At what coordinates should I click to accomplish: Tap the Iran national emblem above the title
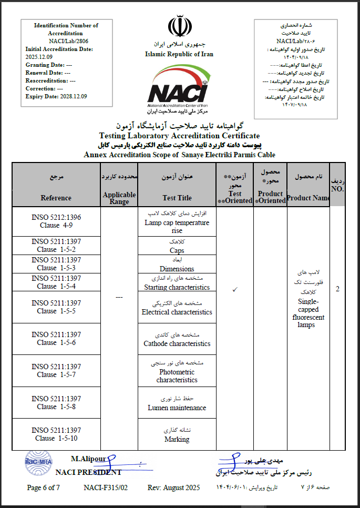coord(180,27)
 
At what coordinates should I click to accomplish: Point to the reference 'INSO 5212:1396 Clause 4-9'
coord(56,221)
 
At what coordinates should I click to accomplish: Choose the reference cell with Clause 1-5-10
coord(56,434)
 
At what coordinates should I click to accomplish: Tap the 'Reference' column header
coord(56,198)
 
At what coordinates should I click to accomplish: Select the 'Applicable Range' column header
coord(119,198)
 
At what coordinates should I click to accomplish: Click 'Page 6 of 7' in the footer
coord(44,487)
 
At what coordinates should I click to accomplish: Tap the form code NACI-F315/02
coord(106,487)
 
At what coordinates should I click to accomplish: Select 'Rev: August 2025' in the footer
coord(173,487)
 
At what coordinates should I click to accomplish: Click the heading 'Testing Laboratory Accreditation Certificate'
coord(176,136)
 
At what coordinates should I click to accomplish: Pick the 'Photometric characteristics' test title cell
coord(177,376)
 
